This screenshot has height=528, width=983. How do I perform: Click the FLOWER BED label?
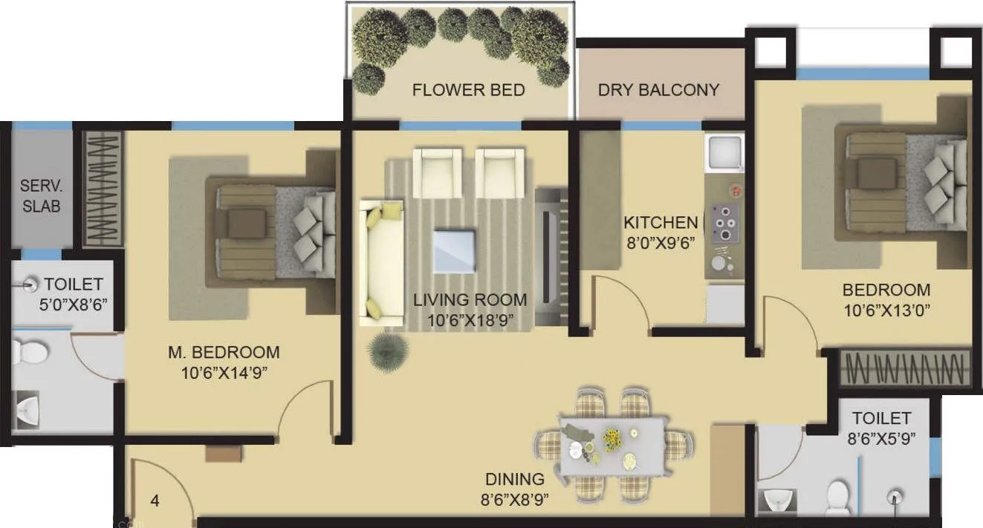click(468, 91)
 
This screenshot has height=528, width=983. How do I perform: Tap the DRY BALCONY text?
click(659, 90)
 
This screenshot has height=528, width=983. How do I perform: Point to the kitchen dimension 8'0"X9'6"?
click(660, 241)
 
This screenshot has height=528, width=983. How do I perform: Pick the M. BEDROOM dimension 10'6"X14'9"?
click(222, 372)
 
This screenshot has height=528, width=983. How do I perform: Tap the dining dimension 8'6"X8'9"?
click(515, 500)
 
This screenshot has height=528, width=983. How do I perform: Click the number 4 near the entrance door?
click(155, 501)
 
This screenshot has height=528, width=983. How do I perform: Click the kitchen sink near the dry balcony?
click(725, 153)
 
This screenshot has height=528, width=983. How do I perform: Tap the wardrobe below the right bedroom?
click(905, 367)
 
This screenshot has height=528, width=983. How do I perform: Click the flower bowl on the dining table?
click(612, 440)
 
